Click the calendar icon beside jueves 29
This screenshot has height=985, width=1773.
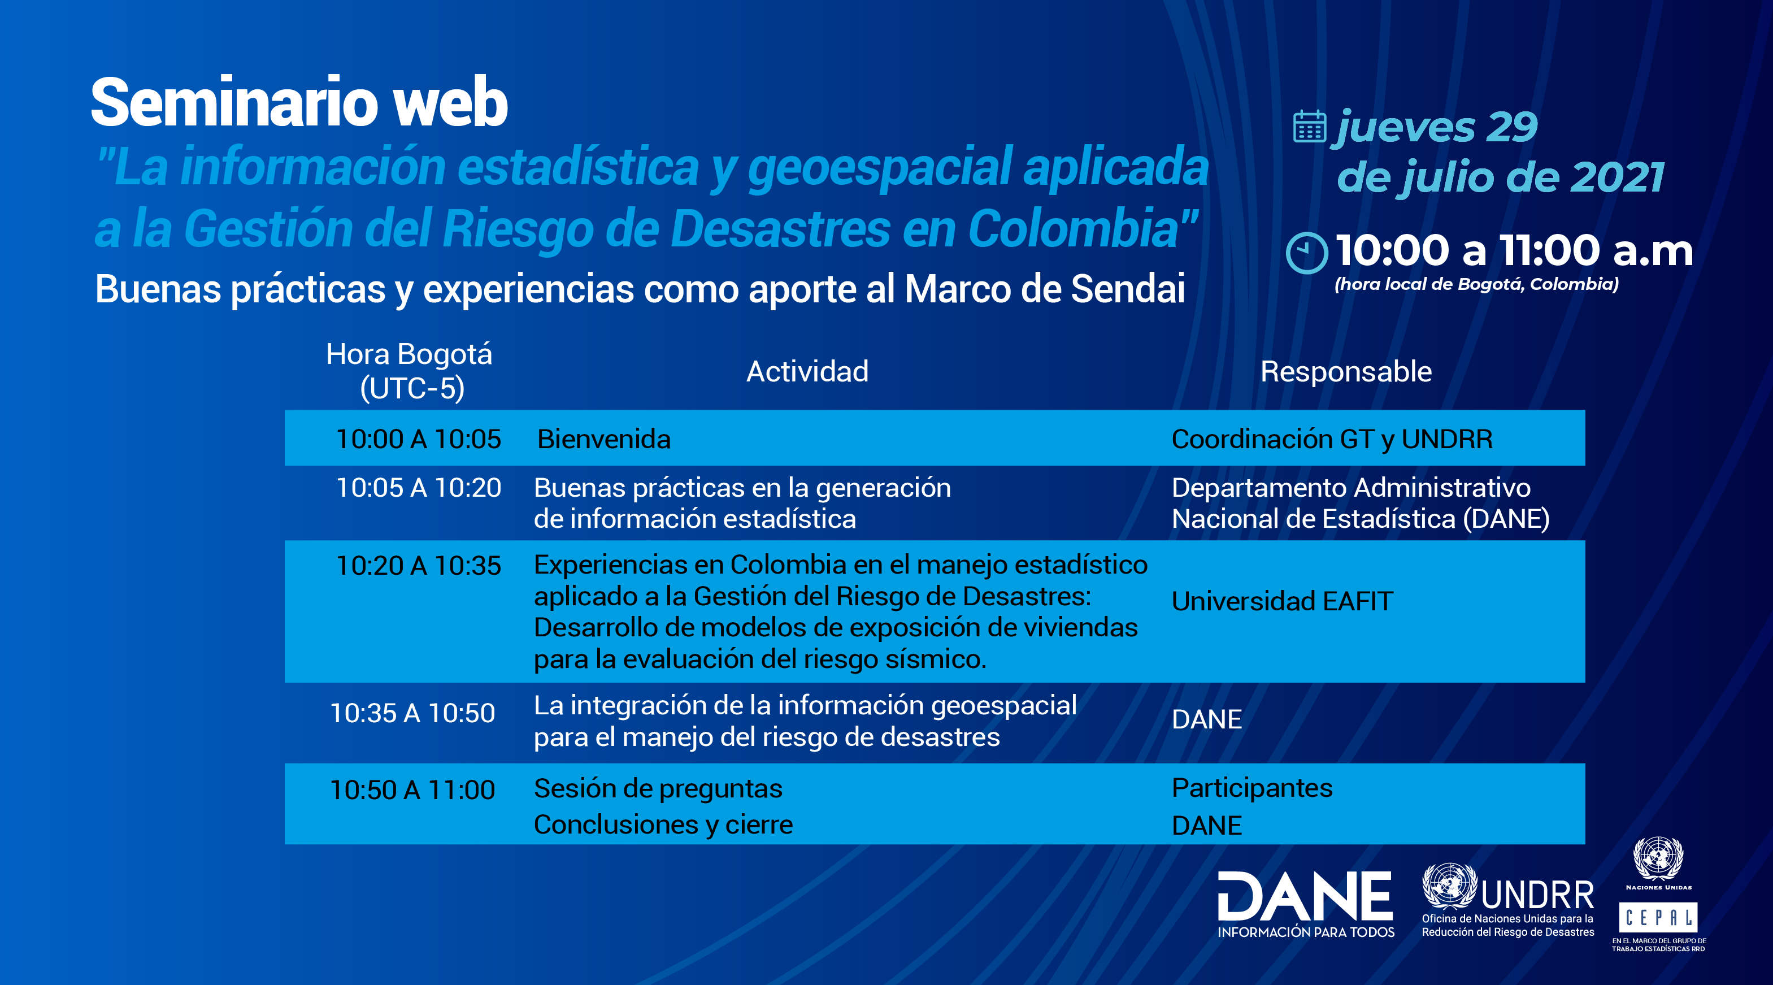click(x=1309, y=127)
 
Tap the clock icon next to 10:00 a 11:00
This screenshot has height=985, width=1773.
click(x=1306, y=253)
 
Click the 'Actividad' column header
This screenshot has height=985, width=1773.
click(x=807, y=372)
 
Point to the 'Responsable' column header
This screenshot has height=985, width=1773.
click(x=1346, y=372)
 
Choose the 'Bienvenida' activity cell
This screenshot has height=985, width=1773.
click(x=603, y=439)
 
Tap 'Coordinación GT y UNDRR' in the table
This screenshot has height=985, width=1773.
click(x=1332, y=439)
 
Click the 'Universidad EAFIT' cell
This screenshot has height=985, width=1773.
click(x=1282, y=601)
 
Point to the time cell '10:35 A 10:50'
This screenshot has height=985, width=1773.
click(x=413, y=713)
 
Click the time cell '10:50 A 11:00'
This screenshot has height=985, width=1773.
click(x=413, y=790)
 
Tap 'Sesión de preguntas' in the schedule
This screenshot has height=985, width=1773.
click(x=658, y=789)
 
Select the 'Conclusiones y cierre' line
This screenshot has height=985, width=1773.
click(x=663, y=825)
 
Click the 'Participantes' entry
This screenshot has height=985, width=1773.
click(x=1252, y=788)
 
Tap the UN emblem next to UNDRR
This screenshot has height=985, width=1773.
click(x=1449, y=887)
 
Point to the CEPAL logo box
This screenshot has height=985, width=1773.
click(x=1658, y=917)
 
